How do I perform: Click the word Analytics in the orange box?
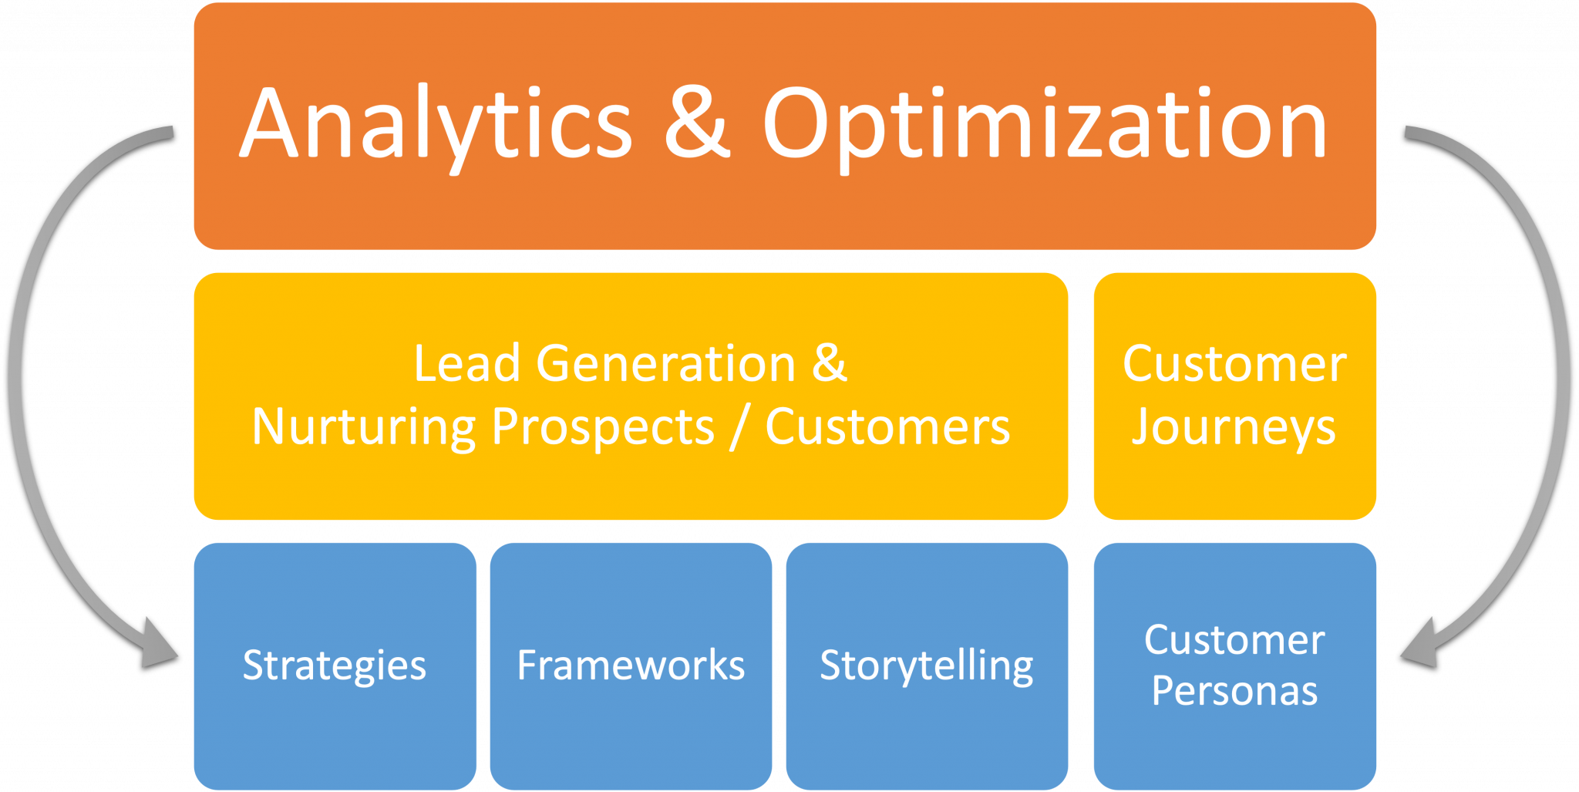pyautogui.click(x=436, y=123)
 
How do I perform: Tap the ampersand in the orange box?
pyautogui.click(x=697, y=123)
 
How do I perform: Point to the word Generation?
pyautogui.click(x=666, y=363)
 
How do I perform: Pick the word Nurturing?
pyautogui.click(x=363, y=427)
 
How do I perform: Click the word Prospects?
pyautogui.click(x=603, y=427)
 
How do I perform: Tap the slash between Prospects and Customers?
pyautogui.click(x=739, y=427)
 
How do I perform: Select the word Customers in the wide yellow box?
pyautogui.click(x=887, y=427)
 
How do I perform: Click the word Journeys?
pyautogui.click(x=1234, y=428)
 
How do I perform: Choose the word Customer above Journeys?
pyautogui.click(x=1234, y=363)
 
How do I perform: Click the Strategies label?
pyautogui.click(x=334, y=666)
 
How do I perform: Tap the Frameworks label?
pyautogui.click(x=631, y=666)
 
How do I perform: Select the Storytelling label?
pyautogui.click(x=926, y=666)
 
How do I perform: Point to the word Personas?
pyautogui.click(x=1234, y=691)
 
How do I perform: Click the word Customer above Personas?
pyautogui.click(x=1234, y=640)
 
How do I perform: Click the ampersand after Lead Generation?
pyautogui.click(x=830, y=363)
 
